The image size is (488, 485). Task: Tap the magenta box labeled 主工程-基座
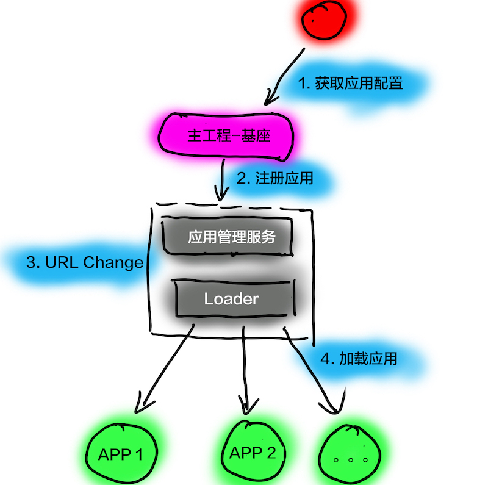point(228,135)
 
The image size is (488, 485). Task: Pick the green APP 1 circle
point(121,453)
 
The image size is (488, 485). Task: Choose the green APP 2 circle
point(253,453)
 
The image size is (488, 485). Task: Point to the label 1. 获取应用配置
point(350,83)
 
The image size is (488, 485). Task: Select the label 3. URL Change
point(85,263)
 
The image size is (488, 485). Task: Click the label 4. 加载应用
point(358,358)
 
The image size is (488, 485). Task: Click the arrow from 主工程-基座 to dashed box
point(223,180)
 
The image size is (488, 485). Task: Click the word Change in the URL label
point(112,263)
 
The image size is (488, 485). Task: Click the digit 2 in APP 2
point(270,453)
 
